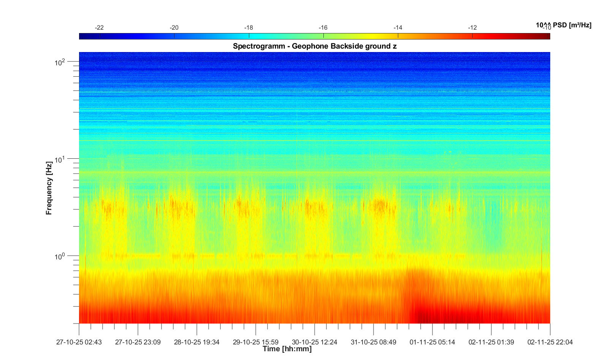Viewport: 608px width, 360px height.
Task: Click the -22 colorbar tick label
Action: (x=99, y=28)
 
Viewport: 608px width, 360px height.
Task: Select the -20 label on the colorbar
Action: (x=174, y=28)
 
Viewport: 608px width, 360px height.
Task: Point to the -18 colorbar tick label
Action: (x=249, y=28)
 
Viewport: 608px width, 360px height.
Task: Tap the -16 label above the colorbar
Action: (x=323, y=28)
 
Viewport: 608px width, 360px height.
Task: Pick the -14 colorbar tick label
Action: (x=398, y=28)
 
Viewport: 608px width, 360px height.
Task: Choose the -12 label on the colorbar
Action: (x=472, y=28)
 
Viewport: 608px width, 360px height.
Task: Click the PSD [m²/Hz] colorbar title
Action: (x=572, y=25)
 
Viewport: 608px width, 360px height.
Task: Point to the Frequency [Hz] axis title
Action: (x=49, y=188)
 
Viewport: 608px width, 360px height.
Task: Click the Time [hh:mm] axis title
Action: (x=287, y=349)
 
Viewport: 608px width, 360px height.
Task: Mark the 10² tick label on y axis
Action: (x=60, y=62)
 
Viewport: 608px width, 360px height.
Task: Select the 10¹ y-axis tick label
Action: (x=60, y=159)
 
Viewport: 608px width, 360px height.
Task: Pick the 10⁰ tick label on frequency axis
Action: (x=60, y=257)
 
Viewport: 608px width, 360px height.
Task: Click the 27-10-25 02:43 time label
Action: (x=79, y=342)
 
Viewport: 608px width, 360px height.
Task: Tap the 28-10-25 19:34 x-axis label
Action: (x=197, y=342)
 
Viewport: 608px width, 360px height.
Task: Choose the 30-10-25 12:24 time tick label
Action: (x=315, y=342)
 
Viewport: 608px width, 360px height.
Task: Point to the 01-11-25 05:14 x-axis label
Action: (x=432, y=342)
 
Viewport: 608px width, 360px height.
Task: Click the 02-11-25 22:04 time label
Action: (x=550, y=342)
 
